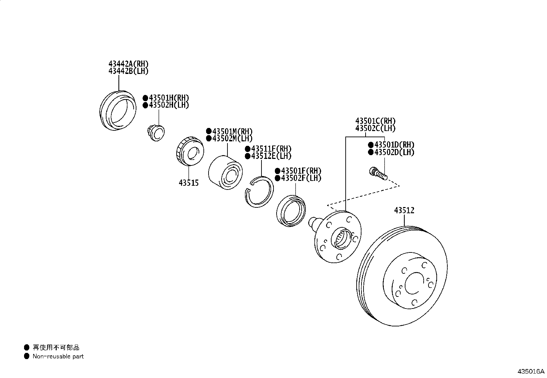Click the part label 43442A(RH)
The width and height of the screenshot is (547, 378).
coord(128,64)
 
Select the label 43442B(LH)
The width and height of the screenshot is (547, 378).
coord(128,71)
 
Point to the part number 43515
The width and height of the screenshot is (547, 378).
coord(188,183)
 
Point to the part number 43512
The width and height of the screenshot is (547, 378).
coord(404,210)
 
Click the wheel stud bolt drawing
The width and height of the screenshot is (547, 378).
coord(378,173)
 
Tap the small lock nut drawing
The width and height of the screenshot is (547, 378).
coord(156,133)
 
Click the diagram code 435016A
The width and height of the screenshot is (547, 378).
coord(531,371)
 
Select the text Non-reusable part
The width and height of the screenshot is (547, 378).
coord(58,357)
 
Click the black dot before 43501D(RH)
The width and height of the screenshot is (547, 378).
coord(371,145)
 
